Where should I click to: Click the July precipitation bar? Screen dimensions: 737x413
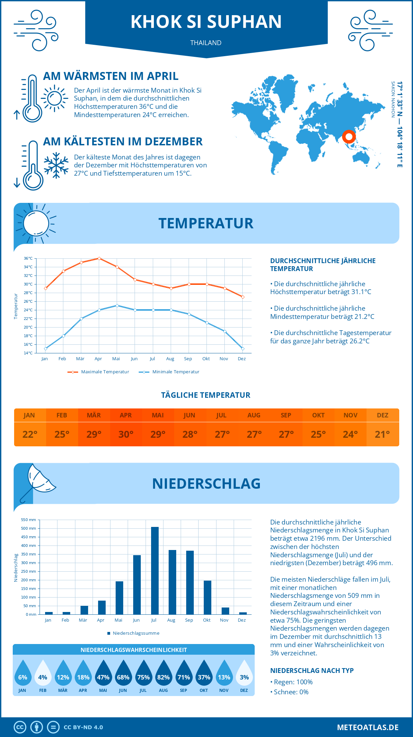tap(155, 571)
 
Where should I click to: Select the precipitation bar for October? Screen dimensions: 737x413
tap(208, 598)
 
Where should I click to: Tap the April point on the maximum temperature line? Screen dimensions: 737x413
tap(99, 258)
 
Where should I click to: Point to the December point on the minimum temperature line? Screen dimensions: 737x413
tap(243, 349)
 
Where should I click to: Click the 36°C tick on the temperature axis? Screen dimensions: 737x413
tap(28, 258)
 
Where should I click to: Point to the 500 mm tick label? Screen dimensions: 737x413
tap(29, 528)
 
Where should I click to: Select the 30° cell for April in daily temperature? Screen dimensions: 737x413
tap(126, 434)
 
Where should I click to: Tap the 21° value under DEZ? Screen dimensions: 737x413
tap(382, 434)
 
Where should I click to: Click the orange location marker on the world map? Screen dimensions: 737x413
tap(349, 137)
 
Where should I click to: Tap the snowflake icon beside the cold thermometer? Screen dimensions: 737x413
tap(56, 165)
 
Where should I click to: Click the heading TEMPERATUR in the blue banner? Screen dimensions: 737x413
tap(206, 223)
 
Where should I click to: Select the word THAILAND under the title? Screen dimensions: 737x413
tap(206, 43)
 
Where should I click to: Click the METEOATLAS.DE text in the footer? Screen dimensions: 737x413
tap(368, 727)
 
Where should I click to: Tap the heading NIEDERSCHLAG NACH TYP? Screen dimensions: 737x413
tap(312, 671)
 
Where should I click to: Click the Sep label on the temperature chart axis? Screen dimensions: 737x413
tap(188, 359)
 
